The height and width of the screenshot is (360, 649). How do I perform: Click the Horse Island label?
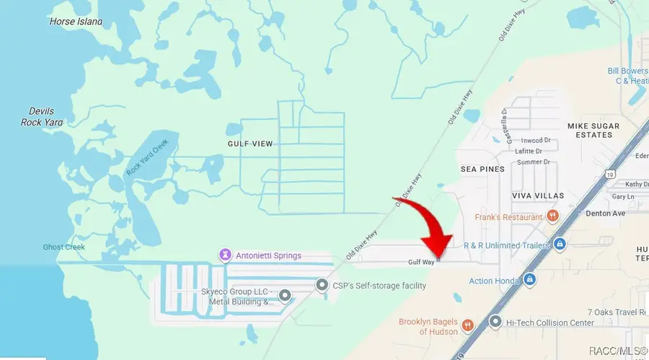tap(76, 22)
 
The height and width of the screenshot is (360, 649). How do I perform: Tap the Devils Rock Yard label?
tap(42, 117)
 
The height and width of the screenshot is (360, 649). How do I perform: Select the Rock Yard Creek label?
tap(151, 157)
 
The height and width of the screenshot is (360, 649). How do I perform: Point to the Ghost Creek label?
tap(63, 247)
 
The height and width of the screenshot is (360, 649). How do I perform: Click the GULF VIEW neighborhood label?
tap(250, 144)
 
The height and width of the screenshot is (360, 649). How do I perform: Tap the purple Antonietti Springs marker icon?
tap(226, 255)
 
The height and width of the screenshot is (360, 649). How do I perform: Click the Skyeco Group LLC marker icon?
tap(285, 294)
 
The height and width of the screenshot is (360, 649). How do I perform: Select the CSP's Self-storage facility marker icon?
tap(322, 286)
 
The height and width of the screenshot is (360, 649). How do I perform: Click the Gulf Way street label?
tap(420, 262)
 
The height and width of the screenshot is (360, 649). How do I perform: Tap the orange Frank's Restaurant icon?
tap(553, 216)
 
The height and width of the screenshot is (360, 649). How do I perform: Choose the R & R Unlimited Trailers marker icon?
tap(558, 245)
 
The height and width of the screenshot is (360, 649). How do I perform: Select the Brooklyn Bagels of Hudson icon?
tap(467, 326)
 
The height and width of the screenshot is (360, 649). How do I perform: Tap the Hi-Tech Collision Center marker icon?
tap(495, 322)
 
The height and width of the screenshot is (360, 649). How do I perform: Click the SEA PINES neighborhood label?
tap(482, 168)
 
